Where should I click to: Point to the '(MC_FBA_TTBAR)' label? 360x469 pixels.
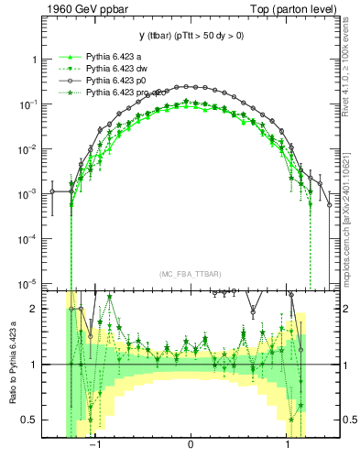tap(190, 272)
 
